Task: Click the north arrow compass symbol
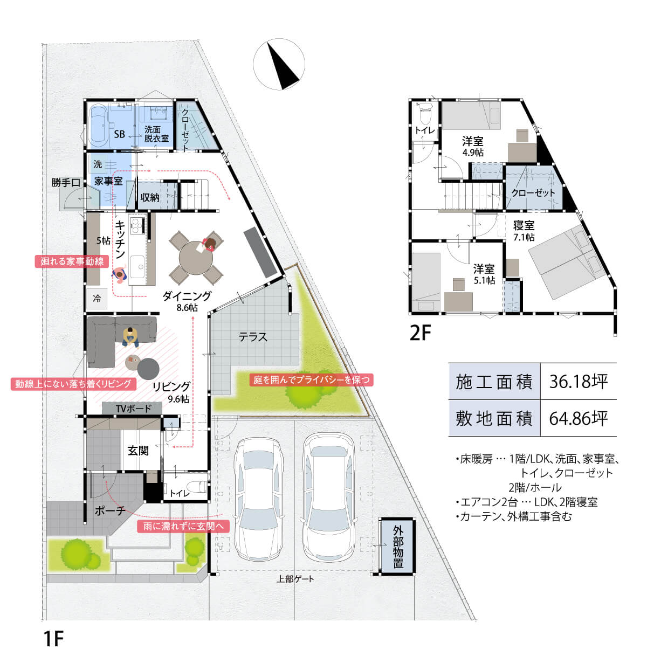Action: coord(279,64)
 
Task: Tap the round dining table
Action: coord(196,258)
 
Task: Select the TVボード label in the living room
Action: coord(133,409)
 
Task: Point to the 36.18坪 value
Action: coord(578,382)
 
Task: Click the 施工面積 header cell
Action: coord(494,382)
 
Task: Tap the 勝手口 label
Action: coord(66,183)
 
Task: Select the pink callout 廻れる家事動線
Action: coord(72,261)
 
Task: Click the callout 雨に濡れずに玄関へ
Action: coord(183,526)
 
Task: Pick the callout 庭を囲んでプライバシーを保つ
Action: coord(311,380)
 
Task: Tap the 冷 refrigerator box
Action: coord(97,298)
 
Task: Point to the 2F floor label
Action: coord(420,333)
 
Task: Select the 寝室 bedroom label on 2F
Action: coord(524,225)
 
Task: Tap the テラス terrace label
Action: coord(253,337)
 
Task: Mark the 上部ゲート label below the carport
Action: coord(295,579)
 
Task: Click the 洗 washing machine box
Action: coord(98,164)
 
